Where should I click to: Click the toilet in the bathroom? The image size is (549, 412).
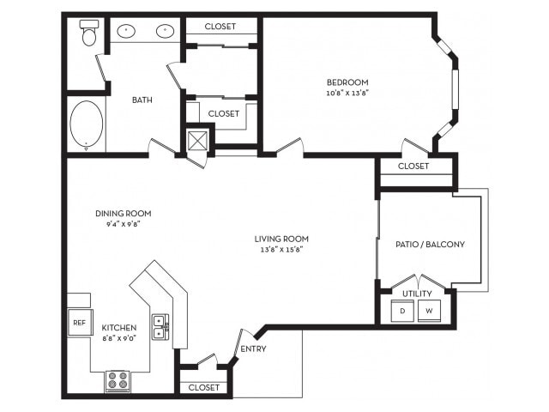[x=88, y=34]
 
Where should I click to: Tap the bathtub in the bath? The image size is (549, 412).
[x=87, y=125]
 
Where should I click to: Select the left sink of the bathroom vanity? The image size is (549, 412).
[x=127, y=31]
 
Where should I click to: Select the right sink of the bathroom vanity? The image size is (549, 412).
[x=163, y=31]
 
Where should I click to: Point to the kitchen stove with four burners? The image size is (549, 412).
[x=118, y=379]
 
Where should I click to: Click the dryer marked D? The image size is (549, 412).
[x=402, y=311]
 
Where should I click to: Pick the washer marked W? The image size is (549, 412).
[x=430, y=311]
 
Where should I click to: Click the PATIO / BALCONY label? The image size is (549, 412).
[x=431, y=245]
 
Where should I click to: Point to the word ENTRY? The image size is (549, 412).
[x=253, y=348]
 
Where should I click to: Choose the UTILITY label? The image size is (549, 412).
[x=417, y=294]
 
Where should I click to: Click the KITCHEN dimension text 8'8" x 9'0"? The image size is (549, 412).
[x=121, y=338]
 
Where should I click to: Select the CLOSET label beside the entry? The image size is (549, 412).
[x=204, y=387]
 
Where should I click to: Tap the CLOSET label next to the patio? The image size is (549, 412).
[x=413, y=166]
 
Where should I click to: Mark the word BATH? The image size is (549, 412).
[x=142, y=100]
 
